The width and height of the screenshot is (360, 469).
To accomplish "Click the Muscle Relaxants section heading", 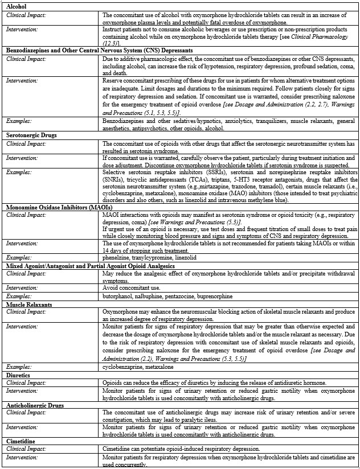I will pyautogui.click(x=28, y=305).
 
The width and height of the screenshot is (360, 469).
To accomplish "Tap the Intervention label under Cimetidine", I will pyautogui.click(x=22, y=458).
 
